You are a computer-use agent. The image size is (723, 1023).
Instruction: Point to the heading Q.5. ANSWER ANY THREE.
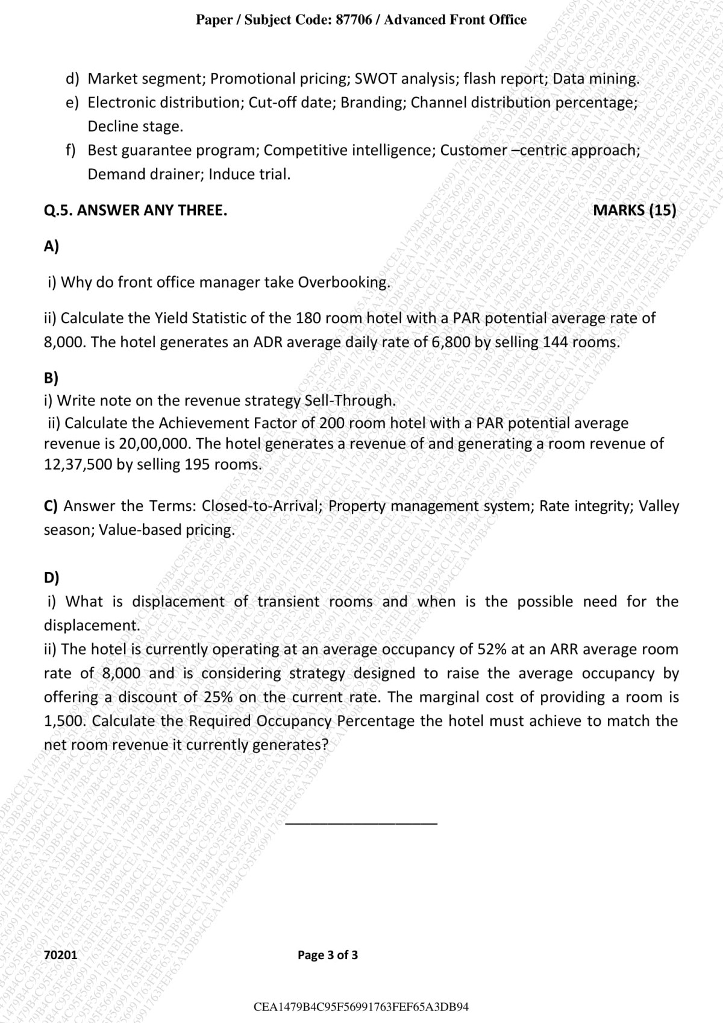coord(136,210)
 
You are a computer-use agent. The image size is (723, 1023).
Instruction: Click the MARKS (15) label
coord(634,210)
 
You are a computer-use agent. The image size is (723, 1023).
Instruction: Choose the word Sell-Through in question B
coord(349,400)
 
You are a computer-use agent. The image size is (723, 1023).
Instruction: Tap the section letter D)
coord(52,578)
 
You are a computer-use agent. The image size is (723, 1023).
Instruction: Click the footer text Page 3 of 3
coord(328,955)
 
